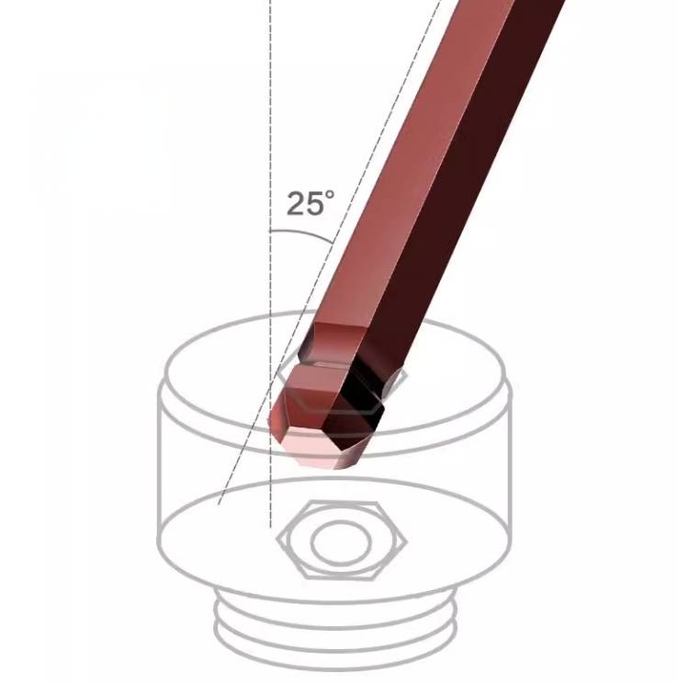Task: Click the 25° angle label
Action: coord(311,203)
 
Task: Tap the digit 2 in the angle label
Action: coord(296,204)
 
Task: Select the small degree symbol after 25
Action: coord(331,194)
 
